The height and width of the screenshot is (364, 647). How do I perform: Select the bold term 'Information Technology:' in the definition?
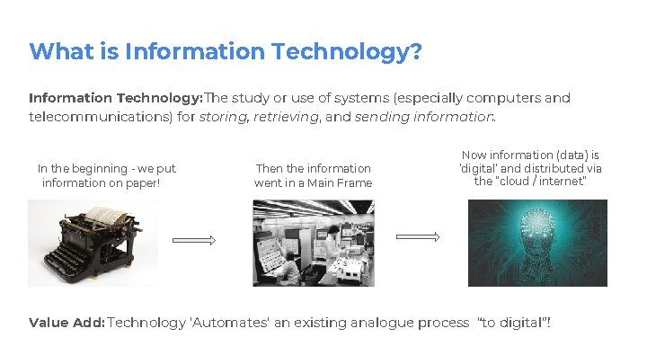coord(116,98)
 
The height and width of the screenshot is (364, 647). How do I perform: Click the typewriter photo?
coord(92,242)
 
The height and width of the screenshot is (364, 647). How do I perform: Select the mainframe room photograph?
coord(313,243)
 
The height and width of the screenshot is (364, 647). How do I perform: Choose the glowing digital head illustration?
coord(537,243)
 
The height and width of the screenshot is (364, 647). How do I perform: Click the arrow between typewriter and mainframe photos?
coord(194,240)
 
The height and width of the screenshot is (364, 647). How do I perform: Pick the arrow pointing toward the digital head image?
coord(418,236)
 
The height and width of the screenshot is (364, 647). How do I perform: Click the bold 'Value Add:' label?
coord(66,322)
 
